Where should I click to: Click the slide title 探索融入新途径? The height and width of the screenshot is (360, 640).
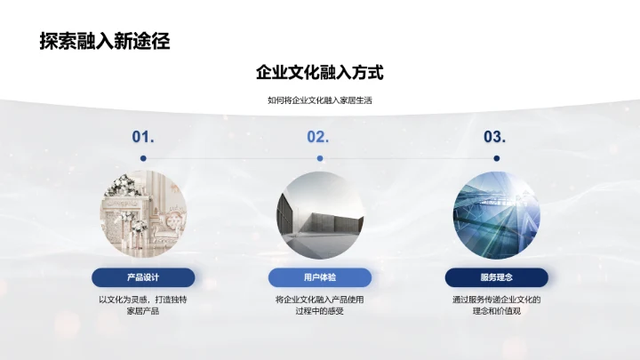(x=105, y=41)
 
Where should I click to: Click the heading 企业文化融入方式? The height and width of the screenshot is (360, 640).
(x=319, y=73)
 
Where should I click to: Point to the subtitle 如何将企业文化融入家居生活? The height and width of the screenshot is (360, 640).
(x=319, y=100)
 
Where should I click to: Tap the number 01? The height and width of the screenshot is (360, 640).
(x=143, y=137)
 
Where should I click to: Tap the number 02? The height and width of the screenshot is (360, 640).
(x=318, y=137)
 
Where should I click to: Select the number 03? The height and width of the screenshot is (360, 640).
(x=495, y=137)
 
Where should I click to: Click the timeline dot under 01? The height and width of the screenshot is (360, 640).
(x=143, y=158)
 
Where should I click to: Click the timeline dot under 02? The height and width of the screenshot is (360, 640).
(x=319, y=158)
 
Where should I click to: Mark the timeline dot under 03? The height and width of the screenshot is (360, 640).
(x=496, y=158)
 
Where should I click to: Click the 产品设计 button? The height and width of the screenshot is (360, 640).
(x=143, y=278)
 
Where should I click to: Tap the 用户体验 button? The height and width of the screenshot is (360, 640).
(x=319, y=278)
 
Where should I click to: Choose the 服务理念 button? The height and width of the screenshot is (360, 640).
(x=496, y=278)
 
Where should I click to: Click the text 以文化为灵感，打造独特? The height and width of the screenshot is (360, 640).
(x=143, y=300)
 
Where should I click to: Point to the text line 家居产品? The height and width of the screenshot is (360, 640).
(x=143, y=312)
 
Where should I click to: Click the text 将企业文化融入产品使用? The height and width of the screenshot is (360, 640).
(x=319, y=300)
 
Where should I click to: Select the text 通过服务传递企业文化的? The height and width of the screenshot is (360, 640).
(x=496, y=300)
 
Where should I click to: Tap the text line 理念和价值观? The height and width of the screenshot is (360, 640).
(x=496, y=312)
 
